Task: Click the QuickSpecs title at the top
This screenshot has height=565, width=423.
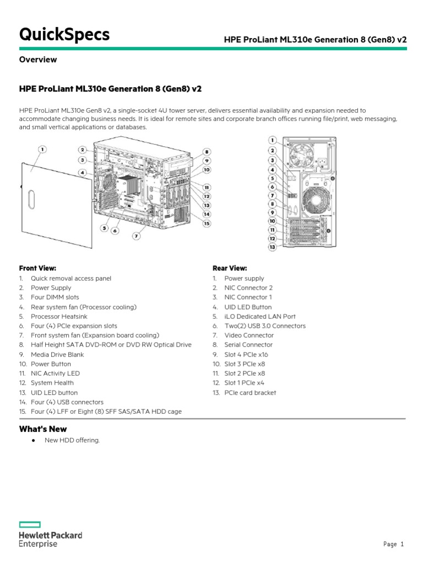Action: pos(64,35)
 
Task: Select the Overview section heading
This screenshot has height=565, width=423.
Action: pos(38,60)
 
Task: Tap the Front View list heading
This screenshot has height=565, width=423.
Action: pos(37,268)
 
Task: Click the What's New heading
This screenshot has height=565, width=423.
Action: pos(43,429)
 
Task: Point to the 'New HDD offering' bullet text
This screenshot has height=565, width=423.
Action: pos(72,440)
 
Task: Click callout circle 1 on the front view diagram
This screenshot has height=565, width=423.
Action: pos(42,149)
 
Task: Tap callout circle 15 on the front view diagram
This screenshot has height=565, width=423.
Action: pos(207,223)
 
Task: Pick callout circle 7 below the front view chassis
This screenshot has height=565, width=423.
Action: pos(136,236)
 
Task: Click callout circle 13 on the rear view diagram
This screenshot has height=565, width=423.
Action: pos(272,247)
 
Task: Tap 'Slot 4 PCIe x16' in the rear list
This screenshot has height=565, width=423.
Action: pos(246,355)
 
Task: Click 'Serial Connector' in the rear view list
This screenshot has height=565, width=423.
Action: pos(248,345)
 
